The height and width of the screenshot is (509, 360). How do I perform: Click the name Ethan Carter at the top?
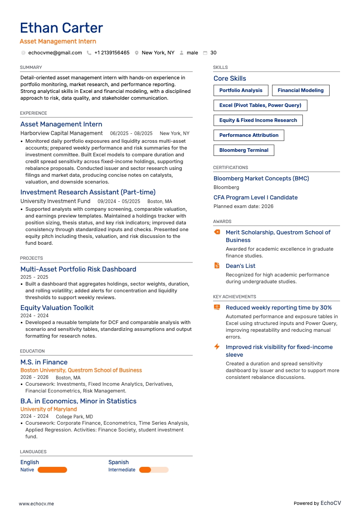pyautogui.click(x=62, y=28)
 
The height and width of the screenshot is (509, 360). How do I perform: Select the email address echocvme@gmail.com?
pyautogui.click(x=55, y=53)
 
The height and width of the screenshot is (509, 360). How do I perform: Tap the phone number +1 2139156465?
pyautogui.click(x=112, y=53)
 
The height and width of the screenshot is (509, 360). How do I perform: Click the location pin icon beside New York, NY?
pyautogui.click(x=136, y=53)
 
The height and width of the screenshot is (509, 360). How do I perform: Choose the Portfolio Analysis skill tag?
pyautogui.click(x=241, y=90)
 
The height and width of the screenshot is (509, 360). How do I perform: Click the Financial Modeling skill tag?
pyautogui.click(x=301, y=90)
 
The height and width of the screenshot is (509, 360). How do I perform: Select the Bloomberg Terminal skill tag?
pyautogui.click(x=243, y=150)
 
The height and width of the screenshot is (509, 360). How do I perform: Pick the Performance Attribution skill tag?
pyautogui.click(x=248, y=135)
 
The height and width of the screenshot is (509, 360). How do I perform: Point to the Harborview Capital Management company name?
pyautogui.click(x=62, y=133)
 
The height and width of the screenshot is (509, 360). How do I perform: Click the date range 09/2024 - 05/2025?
pyautogui.click(x=119, y=201)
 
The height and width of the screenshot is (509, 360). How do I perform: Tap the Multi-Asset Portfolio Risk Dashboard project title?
pyautogui.click(x=78, y=269)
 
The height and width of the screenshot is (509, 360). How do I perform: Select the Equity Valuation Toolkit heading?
pyautogui.click(x=57, y=308)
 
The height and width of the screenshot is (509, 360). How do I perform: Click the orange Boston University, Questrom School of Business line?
pyautogui.click(x=81, y=370)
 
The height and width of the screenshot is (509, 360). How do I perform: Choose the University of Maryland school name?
pyautogui.click(x=49, y=409)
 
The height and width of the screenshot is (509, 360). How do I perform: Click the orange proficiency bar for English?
pyautogui.click(x=52, y=470)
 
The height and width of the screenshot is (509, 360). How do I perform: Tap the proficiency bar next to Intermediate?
pyautogui.click(x=154, y=470)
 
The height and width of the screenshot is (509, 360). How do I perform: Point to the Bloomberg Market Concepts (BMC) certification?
pyautogui.click(x=261, y=179)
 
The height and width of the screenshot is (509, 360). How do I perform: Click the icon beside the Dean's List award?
pyautogui.click(x=217, y=266)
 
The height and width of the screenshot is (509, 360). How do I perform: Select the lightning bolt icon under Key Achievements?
pyautogui.click(x=217, y=347)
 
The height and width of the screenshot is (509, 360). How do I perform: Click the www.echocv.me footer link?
pyautogui.click(x=36, y=504)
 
